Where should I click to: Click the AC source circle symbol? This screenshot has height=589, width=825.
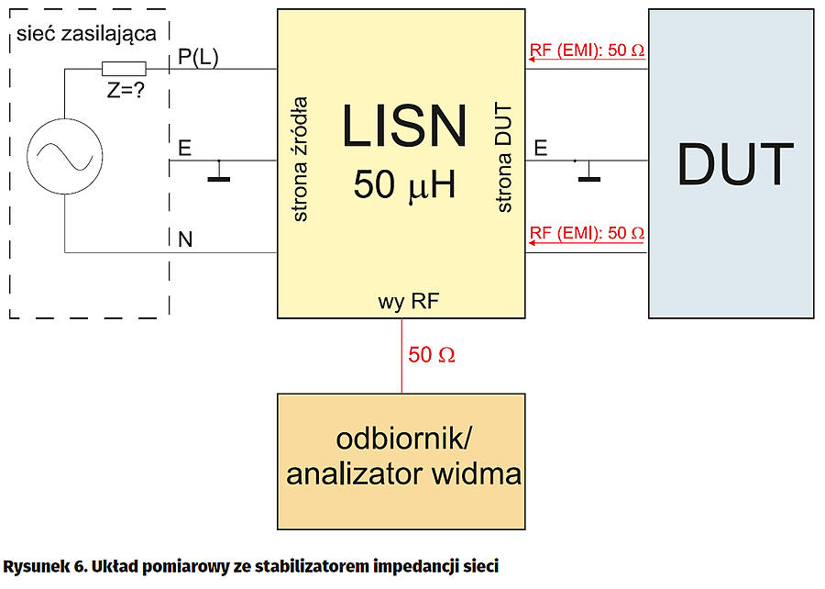pyautogui.click(x=65, y=160)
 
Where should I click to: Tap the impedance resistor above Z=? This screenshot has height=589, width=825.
pyautogui.click(x=123, y=69)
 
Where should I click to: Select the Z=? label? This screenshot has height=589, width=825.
pyautogui.click(x=123, y=90)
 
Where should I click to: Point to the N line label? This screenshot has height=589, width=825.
pyautogui.click(x=186, y=240)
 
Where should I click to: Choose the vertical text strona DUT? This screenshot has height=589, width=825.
pyautogui.click(x=505, y=159)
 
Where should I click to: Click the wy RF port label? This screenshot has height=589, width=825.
pyautogui.click(x=401, y=302)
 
